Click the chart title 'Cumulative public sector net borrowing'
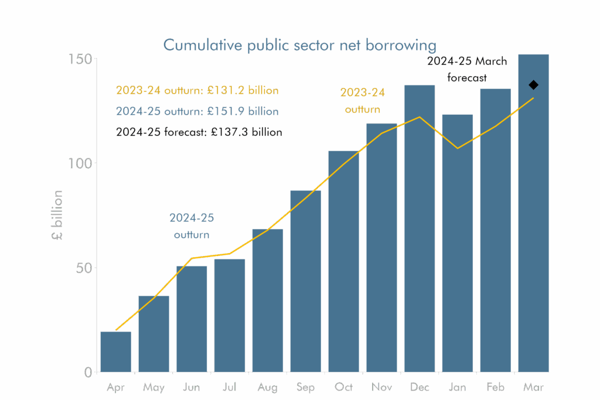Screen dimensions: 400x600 tap(299, 45)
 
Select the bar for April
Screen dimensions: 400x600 tap(115, 351)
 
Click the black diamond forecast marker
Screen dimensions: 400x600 tap(533, 85)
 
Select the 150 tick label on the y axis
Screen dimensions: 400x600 tap(80, 59)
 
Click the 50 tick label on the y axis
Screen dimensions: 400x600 tap(83, 268)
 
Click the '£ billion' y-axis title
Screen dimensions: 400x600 tap(57, 216)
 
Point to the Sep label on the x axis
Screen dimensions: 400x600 tap(305, 388)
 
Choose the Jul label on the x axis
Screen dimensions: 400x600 tap(230, 388)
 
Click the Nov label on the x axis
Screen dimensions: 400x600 tap(381, 388)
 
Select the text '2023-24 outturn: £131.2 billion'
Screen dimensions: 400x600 tap(197, 91)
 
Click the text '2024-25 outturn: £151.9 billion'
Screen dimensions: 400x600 tap(197, 111)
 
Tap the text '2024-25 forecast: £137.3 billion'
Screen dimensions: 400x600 tap(199, 132)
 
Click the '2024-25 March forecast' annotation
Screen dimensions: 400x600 tap(467, 69)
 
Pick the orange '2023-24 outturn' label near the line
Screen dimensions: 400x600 tap(363, 101)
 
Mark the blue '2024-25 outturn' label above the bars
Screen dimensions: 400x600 tap(192, 226)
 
